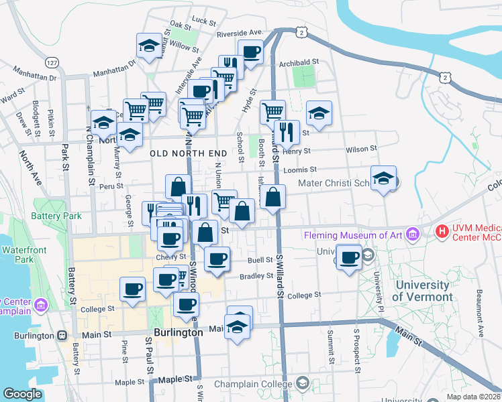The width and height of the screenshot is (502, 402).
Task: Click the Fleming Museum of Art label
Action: (353, 234)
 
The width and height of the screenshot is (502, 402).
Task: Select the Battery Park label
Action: (56, 216)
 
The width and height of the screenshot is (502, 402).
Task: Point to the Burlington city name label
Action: (177, 332)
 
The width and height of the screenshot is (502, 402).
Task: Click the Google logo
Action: (23, 393)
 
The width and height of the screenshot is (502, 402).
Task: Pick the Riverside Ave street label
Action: (239, 32)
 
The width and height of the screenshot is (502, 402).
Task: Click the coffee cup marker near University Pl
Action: (349, 257)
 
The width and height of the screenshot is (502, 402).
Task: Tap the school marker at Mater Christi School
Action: (384, 178)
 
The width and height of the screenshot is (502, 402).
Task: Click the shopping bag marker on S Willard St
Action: (273, 197)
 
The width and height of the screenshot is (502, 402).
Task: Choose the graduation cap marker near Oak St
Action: (148, 46)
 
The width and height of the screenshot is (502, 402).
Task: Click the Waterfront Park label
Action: (18, 255)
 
